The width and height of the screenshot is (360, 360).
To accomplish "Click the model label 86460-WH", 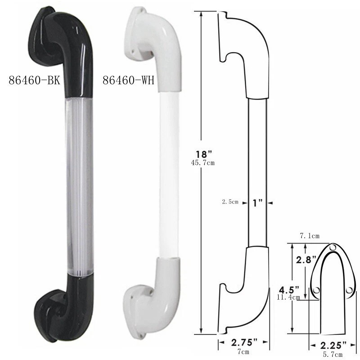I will tap(129, 81).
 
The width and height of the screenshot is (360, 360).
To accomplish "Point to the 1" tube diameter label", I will tap(258, 203).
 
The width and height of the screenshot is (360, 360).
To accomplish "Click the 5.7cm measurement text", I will tap(333, 354).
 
